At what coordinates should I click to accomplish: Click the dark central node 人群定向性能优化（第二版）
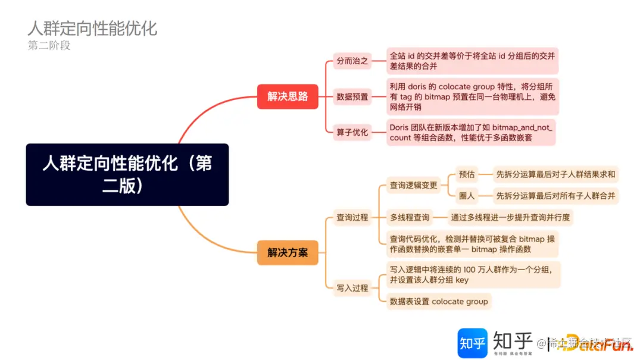pyautogui.click(x=127, y=174)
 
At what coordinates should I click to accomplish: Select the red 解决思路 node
pyautogui.click(x=288, y=96)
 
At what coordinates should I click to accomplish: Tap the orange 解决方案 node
pyautogui.click(x=288, y=252)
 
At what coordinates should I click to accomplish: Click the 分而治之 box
pyautogui.click(x=352, y=61)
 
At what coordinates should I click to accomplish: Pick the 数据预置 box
pyautogui.click(x=352, y=96)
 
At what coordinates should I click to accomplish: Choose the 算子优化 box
pyautogui.click(x=352, y=132)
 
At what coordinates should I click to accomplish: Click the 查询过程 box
pyautogui.click(x=352, y=218)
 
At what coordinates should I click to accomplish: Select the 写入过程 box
pyautogui.click(x=352, y=288)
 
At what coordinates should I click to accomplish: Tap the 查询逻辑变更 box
pyautogui.click(x=413, y=185)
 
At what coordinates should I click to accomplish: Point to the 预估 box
pyautogui.click(x=467, y=174)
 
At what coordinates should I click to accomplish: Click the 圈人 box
pyautogui.click(x=467, y=196)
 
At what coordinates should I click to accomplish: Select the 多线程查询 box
pyautogui.click(x=410, y=217)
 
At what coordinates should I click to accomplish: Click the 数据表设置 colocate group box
pyautogui.click(x=438, y=301)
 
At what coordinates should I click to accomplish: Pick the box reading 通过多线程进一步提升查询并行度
pyautogui.click(x=510, y=217)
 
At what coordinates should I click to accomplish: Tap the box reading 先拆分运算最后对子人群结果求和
pyautogui.click(x=555, y=174)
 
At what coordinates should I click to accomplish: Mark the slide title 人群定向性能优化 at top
pyautogui.click(x=92, y=28)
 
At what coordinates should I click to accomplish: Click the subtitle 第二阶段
pyautogui.click(x=49, y=45)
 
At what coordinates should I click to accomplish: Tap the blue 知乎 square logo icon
pyautogui.click(x=472, y=343)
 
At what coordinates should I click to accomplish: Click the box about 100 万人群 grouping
pyautogui.click(x=473, y=274)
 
